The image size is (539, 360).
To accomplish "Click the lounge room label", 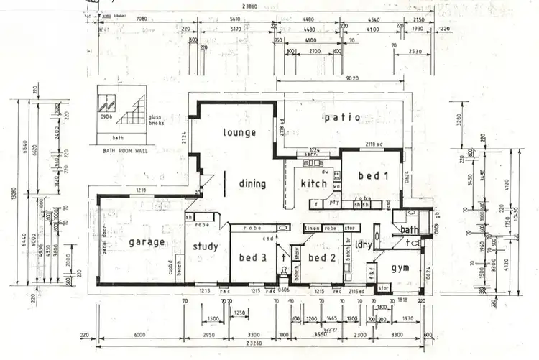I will click(239, 133).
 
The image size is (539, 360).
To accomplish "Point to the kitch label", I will click(314, 183).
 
